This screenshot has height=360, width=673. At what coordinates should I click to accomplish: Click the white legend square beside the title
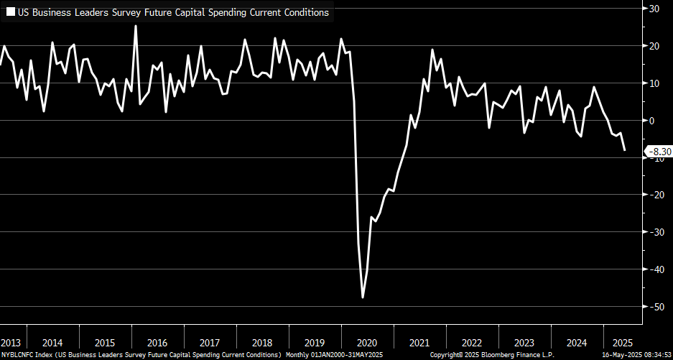pos(11,12)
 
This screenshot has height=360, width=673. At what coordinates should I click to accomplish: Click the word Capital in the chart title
pos(172,12)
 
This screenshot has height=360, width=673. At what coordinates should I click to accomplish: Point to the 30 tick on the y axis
pos(655,9)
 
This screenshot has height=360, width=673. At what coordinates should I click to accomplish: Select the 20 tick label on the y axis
pos(655,46)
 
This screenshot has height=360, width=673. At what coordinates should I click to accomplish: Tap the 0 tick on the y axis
pos(652,120)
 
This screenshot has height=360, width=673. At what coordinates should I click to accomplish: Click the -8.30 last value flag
pos(659,152)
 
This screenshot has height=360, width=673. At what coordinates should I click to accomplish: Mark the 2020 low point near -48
pos(363,297)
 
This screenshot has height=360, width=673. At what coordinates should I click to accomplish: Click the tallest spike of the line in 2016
pos(136,26)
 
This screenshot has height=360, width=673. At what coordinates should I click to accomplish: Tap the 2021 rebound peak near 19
pos(432,50)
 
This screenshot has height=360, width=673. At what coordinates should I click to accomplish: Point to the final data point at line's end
pos(625,150)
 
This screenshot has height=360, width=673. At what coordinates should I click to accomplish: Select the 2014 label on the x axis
pos(52,342)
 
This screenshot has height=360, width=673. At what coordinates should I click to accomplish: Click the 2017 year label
pos(209,342)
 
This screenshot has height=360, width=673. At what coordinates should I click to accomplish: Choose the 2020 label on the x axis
pos(367,342)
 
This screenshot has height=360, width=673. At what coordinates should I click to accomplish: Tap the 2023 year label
pos(524,342)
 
